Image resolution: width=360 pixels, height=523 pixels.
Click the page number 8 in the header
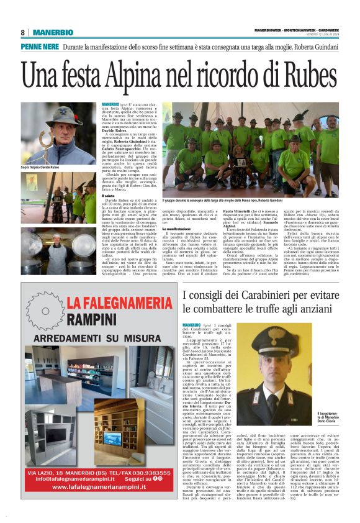click(22, 32)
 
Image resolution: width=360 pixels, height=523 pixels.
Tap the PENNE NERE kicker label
click(39, 47)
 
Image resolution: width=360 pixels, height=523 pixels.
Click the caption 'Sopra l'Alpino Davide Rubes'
click(45, 168)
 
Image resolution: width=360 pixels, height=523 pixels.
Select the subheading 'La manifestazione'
click(176, 229)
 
